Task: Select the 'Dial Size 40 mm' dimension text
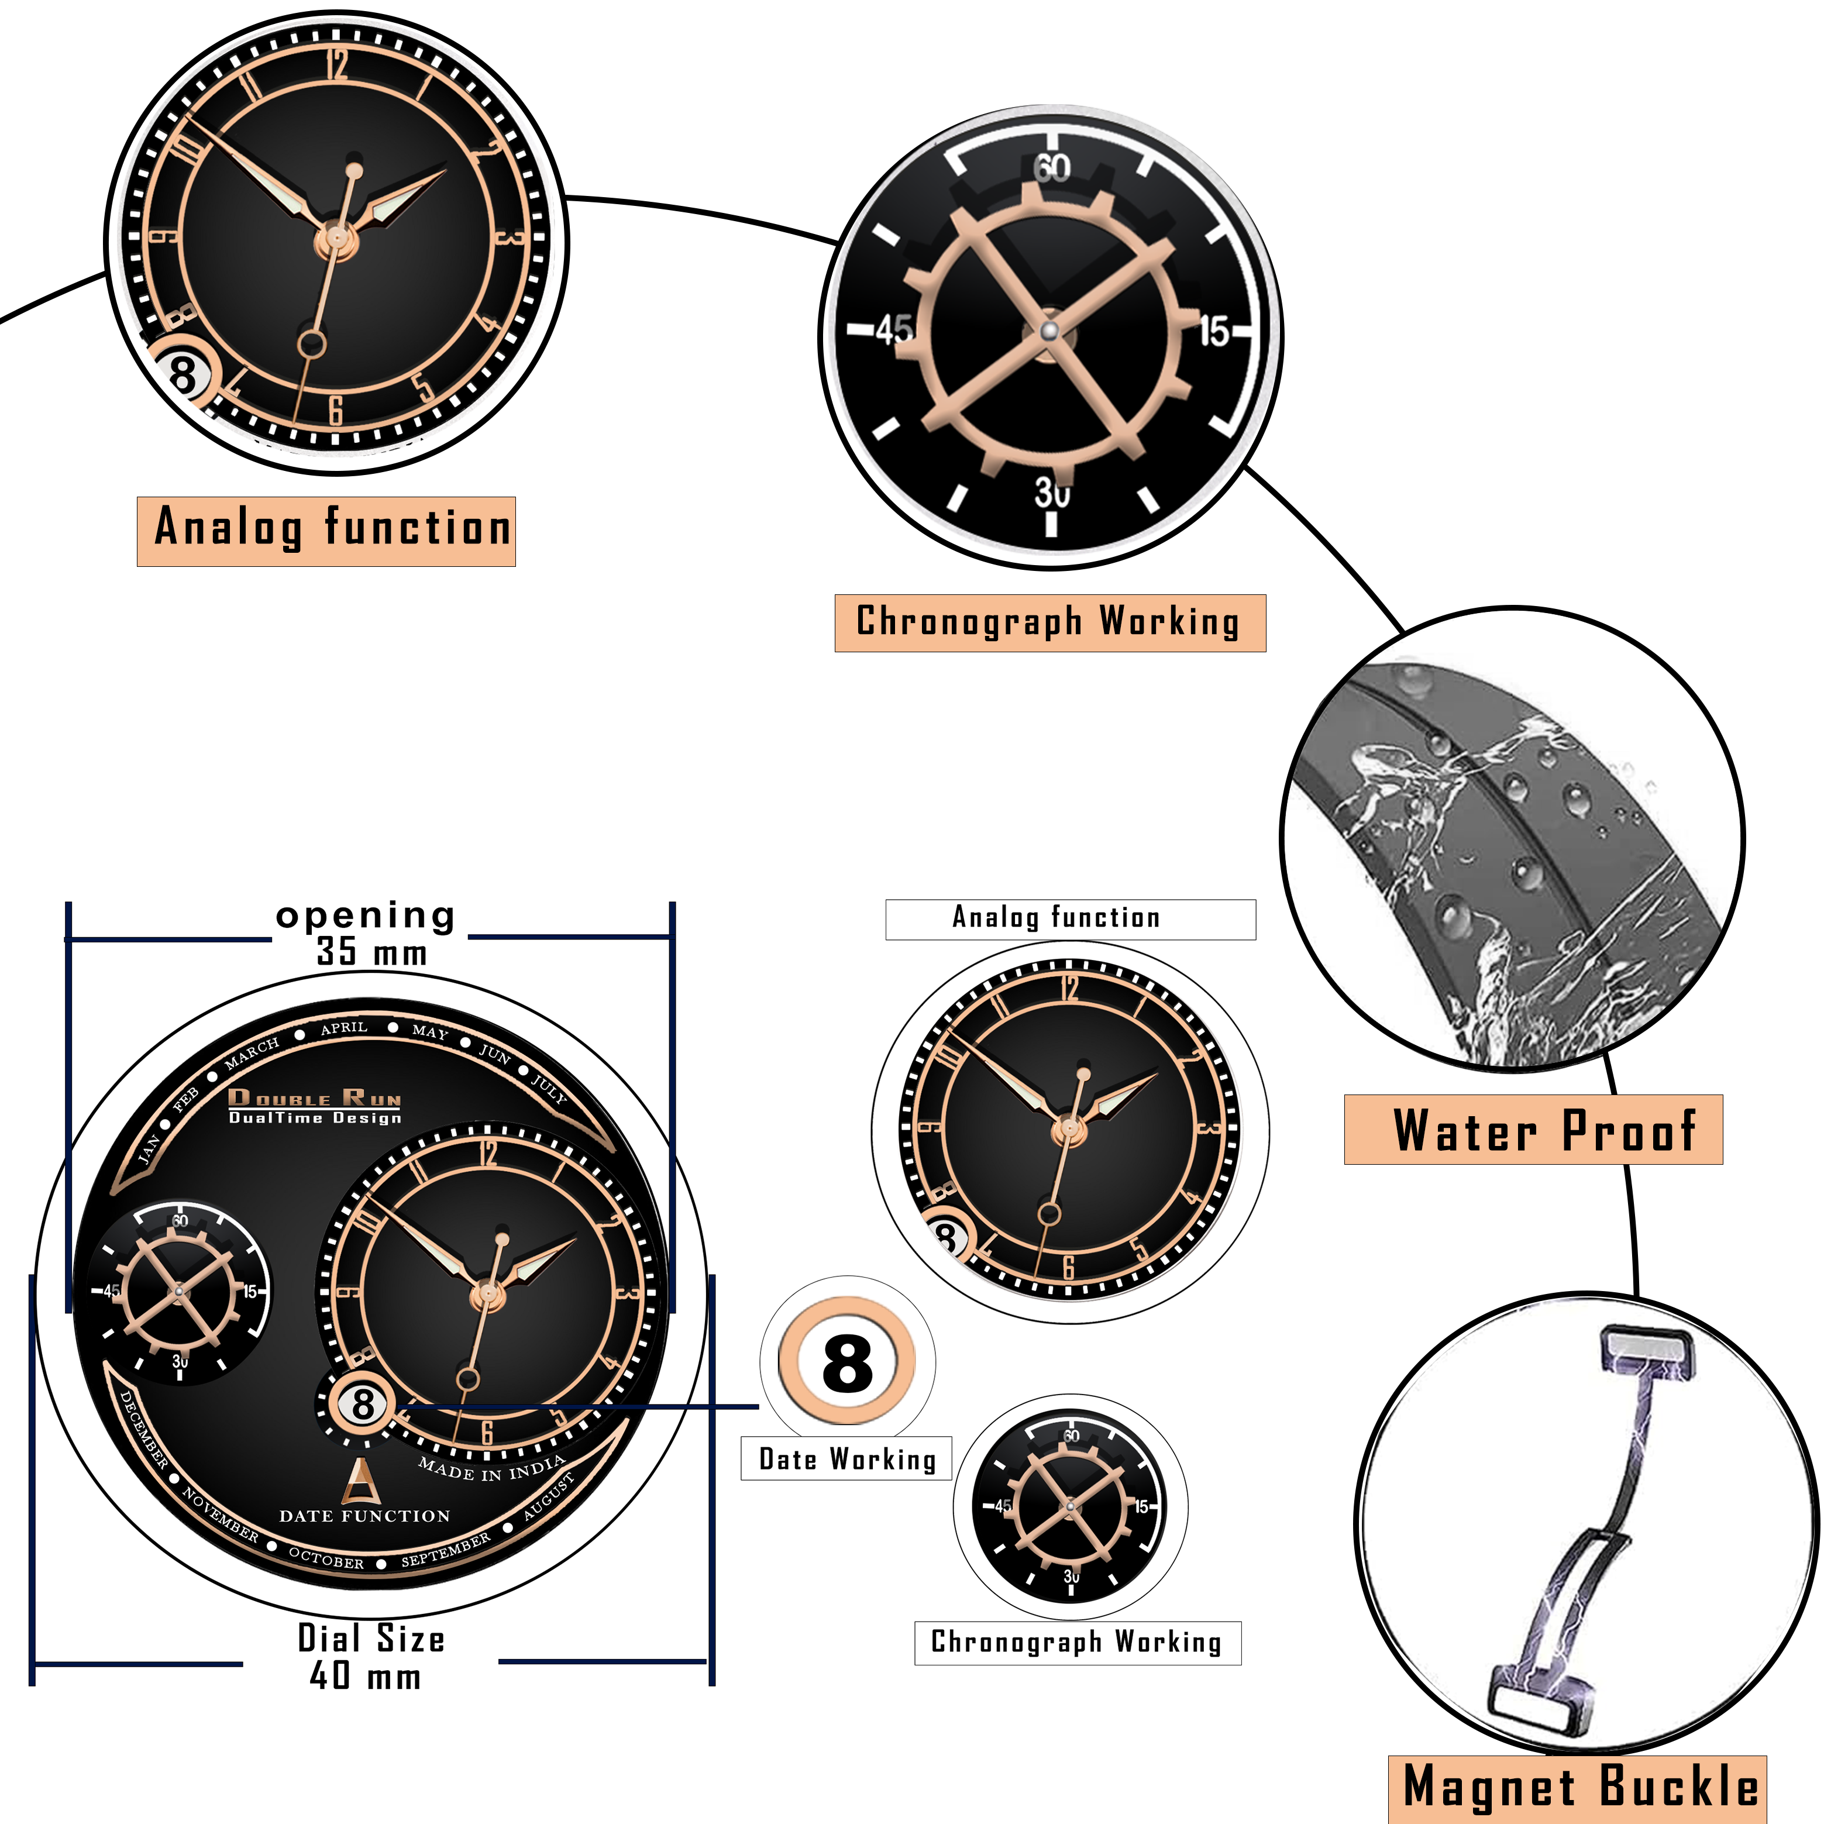[x=370, y=1657]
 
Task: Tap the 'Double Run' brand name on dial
[x=314, y=1098]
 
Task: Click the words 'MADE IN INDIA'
[x=491, y=1469]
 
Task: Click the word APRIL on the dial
[x=343, y=1027]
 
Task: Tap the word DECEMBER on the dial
[x=143, y=1430]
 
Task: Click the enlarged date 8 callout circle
[x=847, y=1362]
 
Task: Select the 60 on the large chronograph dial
[x=1052, y=168]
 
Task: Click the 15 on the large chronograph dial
[x=1214, y=331]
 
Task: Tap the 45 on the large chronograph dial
[x=893, y=329]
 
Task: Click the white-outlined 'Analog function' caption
[x=1070, y=918]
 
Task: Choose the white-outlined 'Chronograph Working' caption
[x=1077, y=1643]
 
